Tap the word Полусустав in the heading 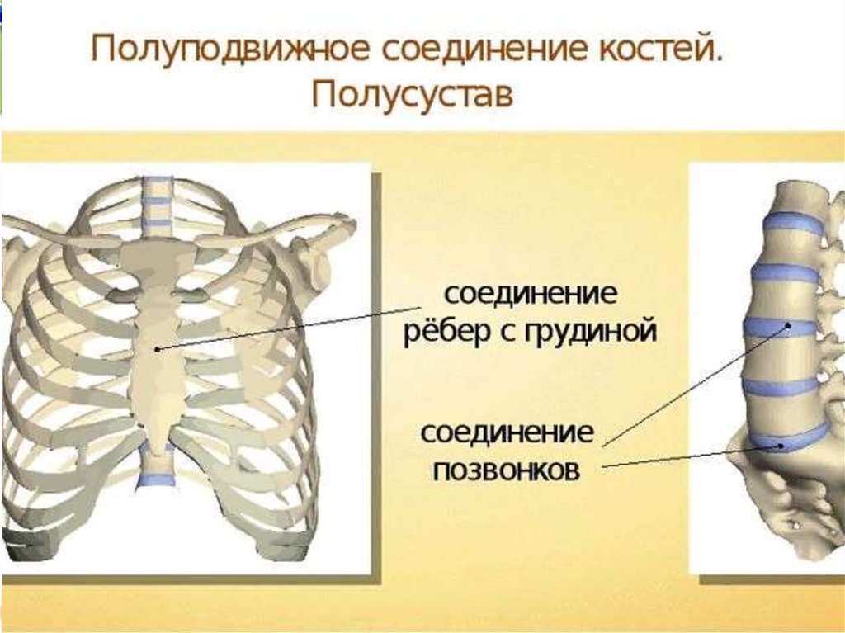413,95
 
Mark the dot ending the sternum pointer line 158,349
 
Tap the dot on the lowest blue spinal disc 780,445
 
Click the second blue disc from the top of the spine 783,272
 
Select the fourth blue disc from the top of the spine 780,385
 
